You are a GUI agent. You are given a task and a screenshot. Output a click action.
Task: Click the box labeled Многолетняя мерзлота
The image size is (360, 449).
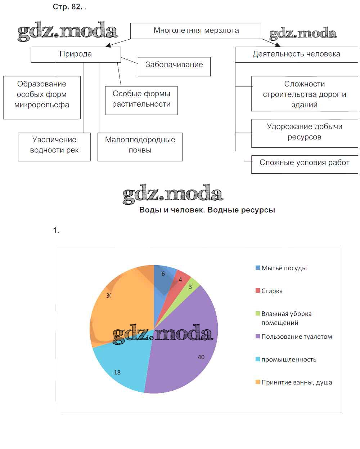(196, 31)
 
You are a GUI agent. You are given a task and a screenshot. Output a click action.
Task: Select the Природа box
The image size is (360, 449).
(76, 54)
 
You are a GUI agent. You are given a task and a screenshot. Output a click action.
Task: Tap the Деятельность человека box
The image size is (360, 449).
(296, 54)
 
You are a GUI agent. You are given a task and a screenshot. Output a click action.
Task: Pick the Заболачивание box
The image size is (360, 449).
(174, 66)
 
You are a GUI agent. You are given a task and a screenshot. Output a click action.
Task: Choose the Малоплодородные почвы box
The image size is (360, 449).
(140, 146)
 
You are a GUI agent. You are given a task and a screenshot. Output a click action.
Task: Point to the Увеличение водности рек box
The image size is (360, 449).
(54, 146)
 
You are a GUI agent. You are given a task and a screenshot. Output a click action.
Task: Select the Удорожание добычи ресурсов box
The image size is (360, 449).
(304, 133)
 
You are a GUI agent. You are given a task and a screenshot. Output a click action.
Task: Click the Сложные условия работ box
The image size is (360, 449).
(304, 164)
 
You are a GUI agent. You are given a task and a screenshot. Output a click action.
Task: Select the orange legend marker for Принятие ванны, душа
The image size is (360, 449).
(258, 382)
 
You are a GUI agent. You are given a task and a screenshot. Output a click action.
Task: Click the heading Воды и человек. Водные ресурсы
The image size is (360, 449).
(207, 210)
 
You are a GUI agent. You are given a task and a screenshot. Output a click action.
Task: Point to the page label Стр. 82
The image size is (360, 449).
(68, 7)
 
